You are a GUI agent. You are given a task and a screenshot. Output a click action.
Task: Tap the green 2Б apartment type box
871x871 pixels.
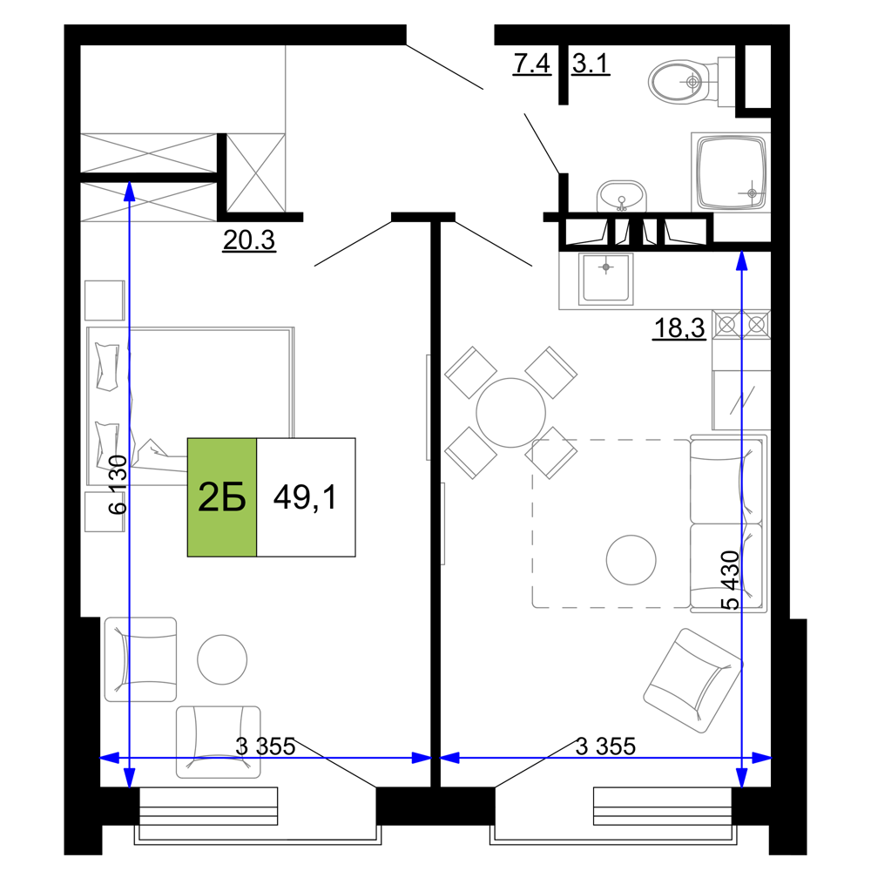point(222,497)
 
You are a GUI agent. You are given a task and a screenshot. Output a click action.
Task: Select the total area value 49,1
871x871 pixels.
point(305,496)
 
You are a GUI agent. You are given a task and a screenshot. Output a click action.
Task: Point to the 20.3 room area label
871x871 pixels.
point(249,240)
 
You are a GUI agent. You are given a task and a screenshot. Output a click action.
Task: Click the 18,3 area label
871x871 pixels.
point(679,327)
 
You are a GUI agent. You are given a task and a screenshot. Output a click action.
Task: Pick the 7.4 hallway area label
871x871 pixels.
point(531,64)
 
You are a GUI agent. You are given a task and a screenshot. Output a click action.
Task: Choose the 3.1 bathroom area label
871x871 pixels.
point(591,64)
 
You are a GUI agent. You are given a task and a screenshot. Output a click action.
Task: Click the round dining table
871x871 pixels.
point(510,413)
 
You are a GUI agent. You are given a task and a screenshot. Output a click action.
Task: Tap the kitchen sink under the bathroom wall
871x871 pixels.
point(605,279)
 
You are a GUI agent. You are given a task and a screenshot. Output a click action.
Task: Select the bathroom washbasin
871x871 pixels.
point(622,197)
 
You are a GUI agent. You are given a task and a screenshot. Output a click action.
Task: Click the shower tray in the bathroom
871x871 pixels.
point(731,172)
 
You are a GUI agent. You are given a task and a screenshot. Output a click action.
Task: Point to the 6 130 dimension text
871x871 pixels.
point(118,485)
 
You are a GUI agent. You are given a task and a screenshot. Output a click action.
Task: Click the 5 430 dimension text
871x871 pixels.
point(730,580)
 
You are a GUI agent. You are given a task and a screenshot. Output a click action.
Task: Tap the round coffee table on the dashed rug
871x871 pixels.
point(631,559)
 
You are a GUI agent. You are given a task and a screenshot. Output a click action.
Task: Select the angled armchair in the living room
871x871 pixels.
point(692,681)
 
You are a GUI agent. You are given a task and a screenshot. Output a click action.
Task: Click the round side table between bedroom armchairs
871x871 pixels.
point(222,659)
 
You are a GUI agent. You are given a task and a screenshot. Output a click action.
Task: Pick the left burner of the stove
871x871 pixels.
point(726,324)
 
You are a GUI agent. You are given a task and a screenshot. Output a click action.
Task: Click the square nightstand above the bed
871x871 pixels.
point(105,300)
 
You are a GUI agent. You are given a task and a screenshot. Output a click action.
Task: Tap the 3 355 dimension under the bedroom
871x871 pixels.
point(266,746)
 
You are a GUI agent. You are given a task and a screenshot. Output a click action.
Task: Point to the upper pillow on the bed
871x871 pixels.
point(107,367)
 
